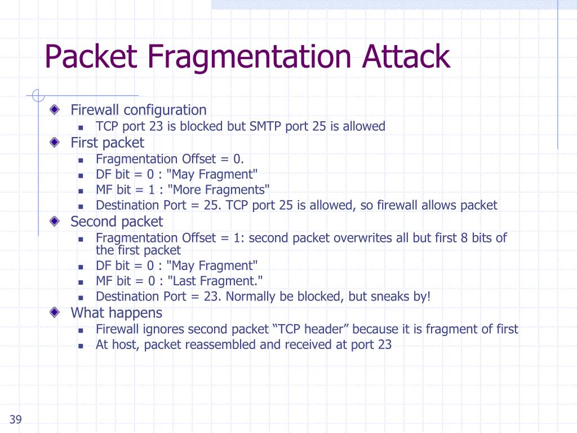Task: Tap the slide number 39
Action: (15, 419)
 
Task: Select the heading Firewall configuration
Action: (138, 110)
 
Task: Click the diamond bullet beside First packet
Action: (54, 143)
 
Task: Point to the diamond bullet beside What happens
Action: (54, 313)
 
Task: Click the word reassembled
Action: (223, 345)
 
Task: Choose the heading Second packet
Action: (116, 222)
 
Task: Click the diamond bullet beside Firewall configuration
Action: (54, 110)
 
